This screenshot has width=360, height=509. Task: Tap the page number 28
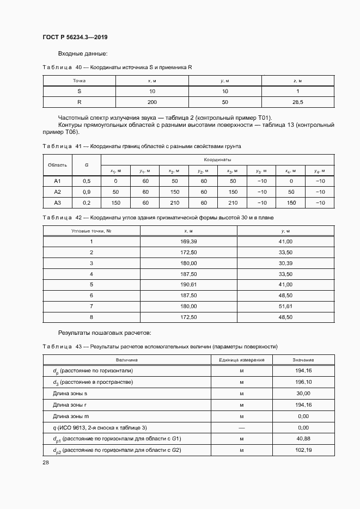45,462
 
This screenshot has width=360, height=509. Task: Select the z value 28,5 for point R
298,102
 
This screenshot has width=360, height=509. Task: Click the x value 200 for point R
152,102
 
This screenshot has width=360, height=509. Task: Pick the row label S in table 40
79,91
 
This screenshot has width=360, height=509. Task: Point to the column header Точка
79,81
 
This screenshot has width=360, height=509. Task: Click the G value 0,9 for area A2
86,192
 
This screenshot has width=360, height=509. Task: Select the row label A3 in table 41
58,203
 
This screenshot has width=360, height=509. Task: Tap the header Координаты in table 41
217,160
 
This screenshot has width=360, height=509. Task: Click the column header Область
58,165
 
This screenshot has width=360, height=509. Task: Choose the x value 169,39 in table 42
188,241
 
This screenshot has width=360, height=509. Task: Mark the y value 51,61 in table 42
285,306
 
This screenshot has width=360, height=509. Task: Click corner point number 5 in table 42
91,285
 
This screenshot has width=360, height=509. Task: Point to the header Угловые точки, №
91,231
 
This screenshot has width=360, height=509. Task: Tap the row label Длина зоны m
71,416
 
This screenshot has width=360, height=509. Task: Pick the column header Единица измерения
242,360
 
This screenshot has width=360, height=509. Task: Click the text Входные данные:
83,53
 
